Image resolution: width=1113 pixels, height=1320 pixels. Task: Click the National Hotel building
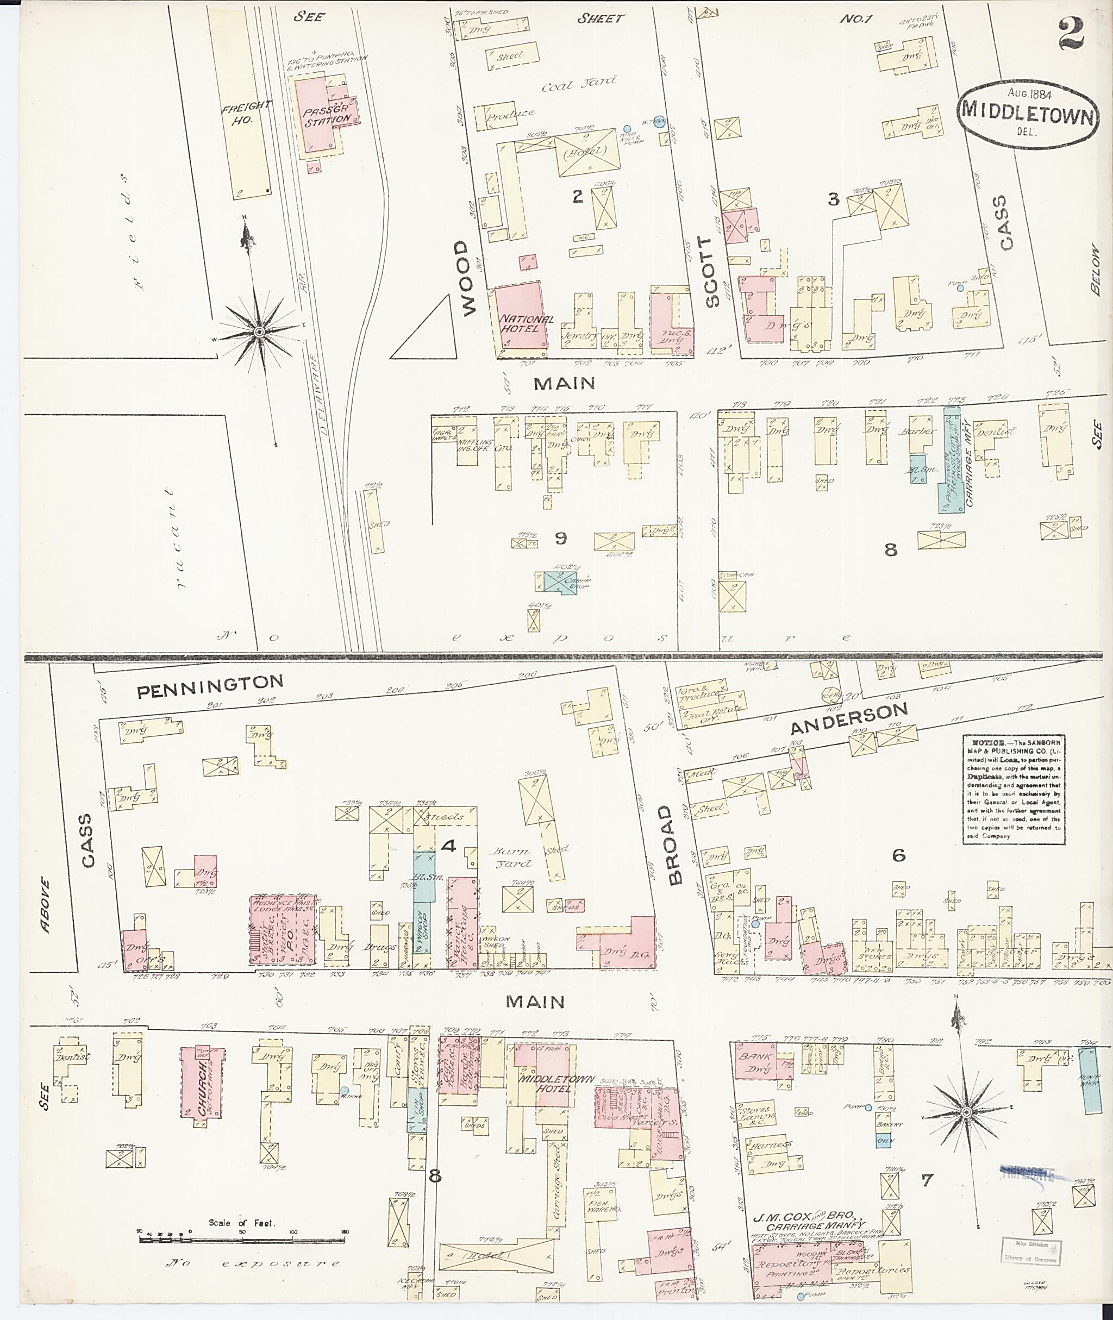[x=518, y=317]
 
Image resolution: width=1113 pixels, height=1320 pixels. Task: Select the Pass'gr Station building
[x=326, y=114]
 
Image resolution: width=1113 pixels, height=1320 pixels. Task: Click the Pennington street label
[x=210, y=688]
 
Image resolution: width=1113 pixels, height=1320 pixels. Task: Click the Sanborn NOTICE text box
[x=1014, y=789]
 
